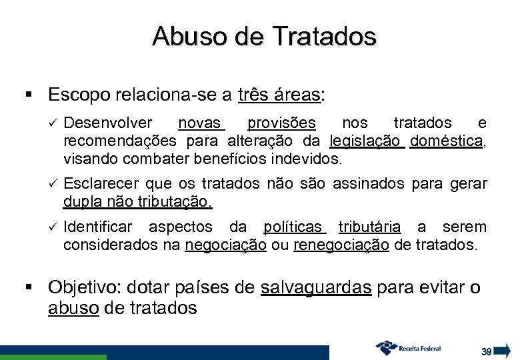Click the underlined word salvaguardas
(317, 289)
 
